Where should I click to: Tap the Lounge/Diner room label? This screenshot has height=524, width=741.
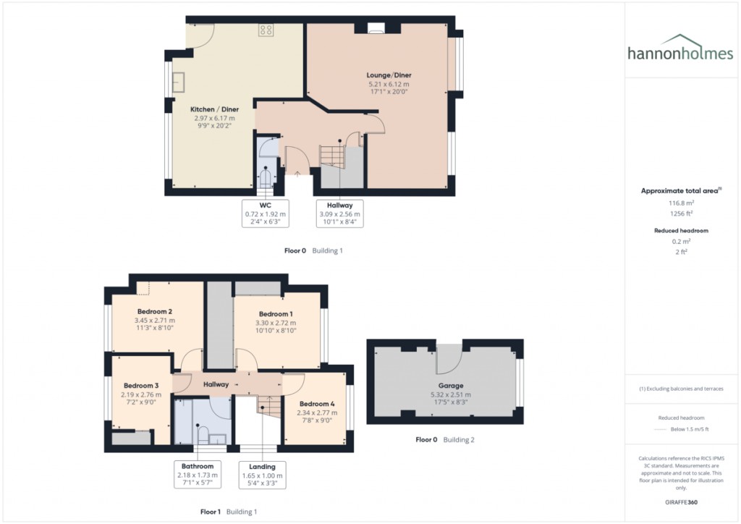389,75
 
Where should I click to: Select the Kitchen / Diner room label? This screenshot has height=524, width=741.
213,109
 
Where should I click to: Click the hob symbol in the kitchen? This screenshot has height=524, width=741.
266,30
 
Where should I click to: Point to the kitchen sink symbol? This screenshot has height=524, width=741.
178,82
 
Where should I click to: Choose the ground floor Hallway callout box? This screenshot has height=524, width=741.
339,214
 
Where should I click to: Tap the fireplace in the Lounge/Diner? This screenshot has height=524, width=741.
376,29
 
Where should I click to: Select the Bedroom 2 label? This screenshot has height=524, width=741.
154,310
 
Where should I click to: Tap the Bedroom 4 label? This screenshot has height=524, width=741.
318,403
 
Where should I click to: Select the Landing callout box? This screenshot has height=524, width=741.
263,475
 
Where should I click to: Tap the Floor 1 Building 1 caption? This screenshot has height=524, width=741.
228,512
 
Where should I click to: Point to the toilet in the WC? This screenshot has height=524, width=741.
267,177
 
